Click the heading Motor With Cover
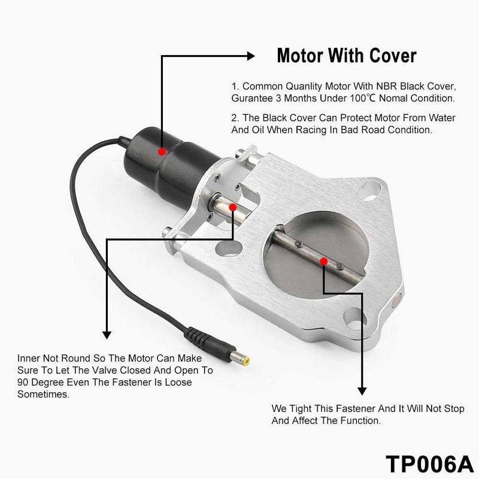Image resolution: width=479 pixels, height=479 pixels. (x=346, y=56)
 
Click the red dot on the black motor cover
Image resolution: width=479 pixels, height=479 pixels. (x=162, y=151)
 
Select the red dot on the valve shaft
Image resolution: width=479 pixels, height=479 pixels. (x=323, y=260)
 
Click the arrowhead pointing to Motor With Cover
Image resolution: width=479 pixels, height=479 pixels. (x=252, y=56)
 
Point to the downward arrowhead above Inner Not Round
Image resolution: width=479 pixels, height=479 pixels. (x=107, y=335)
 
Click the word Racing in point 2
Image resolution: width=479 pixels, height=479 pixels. (x=326, y=129)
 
